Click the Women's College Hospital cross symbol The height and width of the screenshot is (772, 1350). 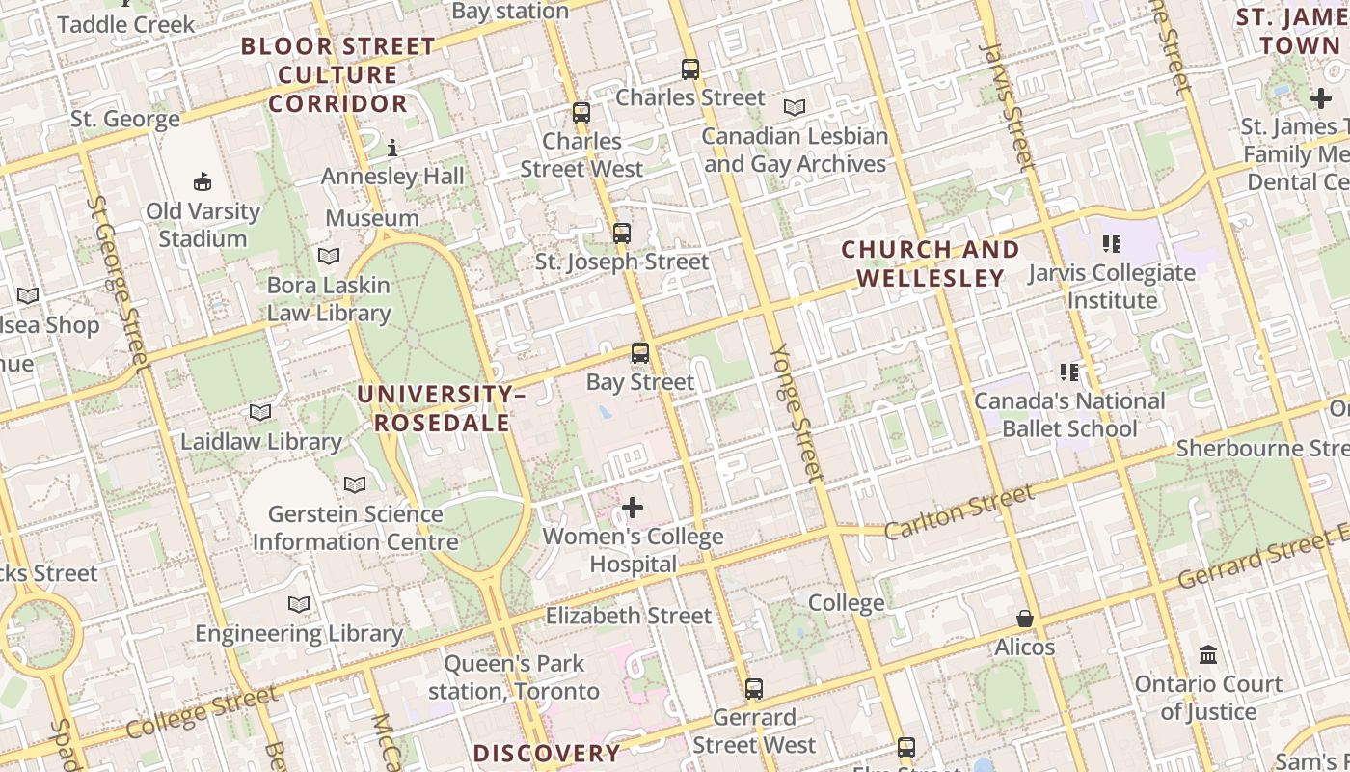[633, 508]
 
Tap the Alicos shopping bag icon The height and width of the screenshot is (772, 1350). [1025, 619]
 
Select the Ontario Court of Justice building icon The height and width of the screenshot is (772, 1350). [1208, 656]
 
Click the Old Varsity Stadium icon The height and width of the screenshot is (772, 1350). [202, 181]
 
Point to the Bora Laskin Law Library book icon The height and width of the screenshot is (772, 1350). [329, 257]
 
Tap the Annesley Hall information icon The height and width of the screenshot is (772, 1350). [392, 149]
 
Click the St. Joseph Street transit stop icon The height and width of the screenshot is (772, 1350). [622, 234]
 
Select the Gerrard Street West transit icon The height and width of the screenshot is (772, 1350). [754, 689]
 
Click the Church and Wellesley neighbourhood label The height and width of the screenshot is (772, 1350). [931, 263]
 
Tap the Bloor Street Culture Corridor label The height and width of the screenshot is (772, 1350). [337, 74]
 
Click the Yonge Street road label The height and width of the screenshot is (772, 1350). [799, 412]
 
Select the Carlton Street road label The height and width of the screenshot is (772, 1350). [958, 512]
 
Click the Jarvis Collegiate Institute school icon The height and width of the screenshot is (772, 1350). [1112, 244]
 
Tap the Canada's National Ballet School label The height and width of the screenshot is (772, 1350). [1069, 415]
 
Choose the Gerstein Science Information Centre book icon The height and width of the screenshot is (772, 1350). [355, 484]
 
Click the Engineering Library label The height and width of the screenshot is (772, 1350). [299, 634]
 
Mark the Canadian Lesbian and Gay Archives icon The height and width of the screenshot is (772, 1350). [795, 108]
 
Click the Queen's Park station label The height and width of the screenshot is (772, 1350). [514, 677]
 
